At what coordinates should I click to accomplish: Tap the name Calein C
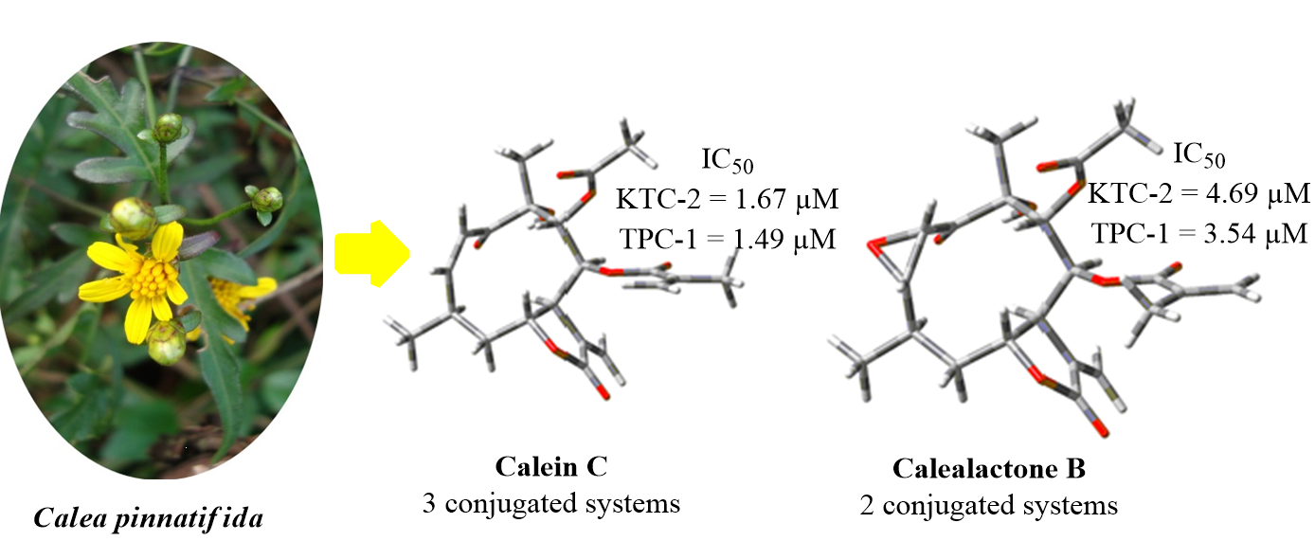[x=550, y=467]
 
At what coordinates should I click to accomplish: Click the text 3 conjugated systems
[x=550, y=502]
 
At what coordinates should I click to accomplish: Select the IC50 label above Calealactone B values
[x=1198, y=155]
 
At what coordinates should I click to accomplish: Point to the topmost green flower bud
[x=168, y=127]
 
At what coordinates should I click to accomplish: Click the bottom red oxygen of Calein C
[x=603, y=390]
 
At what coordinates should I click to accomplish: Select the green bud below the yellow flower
[x=167, y=342]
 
